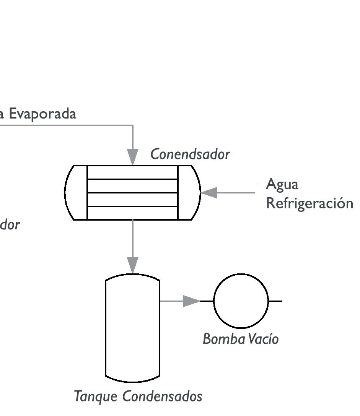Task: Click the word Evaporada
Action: click(x=42, y=114)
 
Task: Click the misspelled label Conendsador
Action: click(x=190, y=154)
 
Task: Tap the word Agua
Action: click(x=282, y=184)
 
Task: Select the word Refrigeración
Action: click(x=309, y=203)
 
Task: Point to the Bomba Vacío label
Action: click(x=240, y=339)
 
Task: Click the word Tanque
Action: click(x=96, y=396)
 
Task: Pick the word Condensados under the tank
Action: click(x=162, y=396)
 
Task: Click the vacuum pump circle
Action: click(x=241, y=301)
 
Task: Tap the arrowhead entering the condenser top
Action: click(x=133, y=157)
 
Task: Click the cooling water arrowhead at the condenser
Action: click(x=210, y=193)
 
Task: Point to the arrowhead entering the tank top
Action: click(x=133, y=265)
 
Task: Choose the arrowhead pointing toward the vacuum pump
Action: click(x=191, y=301)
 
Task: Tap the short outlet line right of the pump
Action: click(x=275, y=301)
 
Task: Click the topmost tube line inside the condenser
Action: click(x=132, y=179)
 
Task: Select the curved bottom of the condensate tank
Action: click(x=132, y=380)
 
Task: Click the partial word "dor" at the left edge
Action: click(x=9, y=225)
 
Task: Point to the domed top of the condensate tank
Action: click(x=132, y=276)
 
